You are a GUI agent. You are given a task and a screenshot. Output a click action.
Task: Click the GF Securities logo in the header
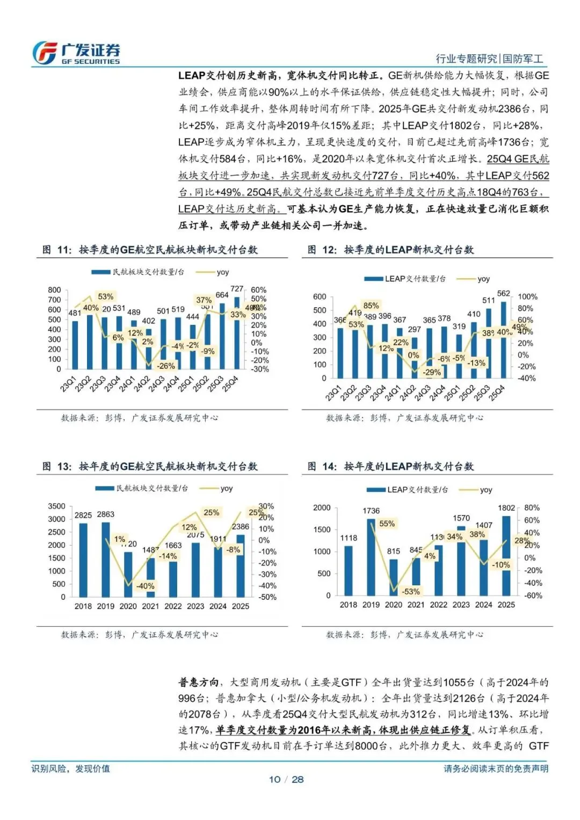(76, 53)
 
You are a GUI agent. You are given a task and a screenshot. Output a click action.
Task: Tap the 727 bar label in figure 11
(237, 289)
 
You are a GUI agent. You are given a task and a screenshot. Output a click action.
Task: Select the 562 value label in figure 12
(504, 294)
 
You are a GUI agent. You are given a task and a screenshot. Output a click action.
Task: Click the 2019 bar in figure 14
(371, 557)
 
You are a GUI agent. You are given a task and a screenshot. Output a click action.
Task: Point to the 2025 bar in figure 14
(506, 555)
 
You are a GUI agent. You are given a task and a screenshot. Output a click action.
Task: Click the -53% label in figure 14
(411, 591)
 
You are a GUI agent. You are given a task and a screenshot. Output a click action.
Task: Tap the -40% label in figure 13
(145, 586)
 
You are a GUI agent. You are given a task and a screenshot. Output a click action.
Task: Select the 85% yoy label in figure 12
(371, 306)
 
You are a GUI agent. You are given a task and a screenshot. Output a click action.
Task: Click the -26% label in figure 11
(166, 366)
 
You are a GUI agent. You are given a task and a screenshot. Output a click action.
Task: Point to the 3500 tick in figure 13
(56, 506)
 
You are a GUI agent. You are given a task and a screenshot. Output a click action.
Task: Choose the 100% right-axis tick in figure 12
(527, 297)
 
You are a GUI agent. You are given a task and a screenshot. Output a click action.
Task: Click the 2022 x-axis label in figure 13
(173, 606)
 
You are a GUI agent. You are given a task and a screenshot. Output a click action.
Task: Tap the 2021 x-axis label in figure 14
(416, 605)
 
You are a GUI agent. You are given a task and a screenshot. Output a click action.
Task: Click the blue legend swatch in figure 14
(375, 490)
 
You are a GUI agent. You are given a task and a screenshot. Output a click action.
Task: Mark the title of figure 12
(390, 250)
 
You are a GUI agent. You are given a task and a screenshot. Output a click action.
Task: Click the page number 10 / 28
(286, 779)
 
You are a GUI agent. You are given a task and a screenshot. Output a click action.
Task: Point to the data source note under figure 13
(140, 635)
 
